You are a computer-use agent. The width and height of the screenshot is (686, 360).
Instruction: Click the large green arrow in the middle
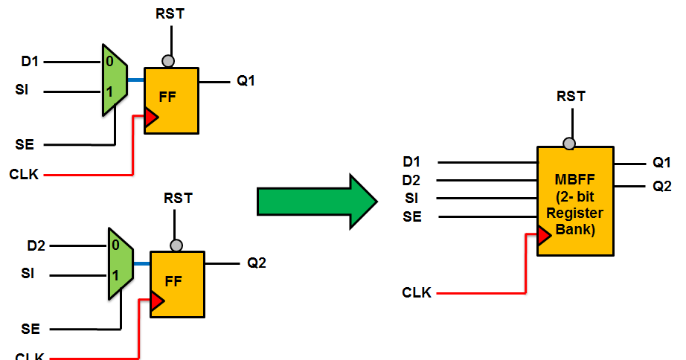point(316,201)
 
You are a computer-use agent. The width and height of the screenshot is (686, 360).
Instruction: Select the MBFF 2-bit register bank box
point(574,201)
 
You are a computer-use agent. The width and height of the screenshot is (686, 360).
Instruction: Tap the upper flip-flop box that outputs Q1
point(172,100)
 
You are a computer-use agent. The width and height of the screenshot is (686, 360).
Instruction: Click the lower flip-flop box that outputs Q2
point(177,284)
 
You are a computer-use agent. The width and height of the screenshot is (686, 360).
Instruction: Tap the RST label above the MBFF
point(571,97)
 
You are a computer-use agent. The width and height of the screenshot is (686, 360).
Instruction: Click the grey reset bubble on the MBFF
point(569,144)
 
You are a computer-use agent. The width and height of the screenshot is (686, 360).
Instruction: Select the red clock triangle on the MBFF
point(543,235)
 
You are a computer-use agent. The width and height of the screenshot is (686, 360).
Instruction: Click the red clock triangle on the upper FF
point(151,118)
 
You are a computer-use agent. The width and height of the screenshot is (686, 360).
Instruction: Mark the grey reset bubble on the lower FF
point(176,245)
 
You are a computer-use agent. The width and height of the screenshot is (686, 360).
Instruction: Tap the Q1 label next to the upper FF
point(246,81)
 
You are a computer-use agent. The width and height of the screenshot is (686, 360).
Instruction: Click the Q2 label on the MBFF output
point(662,186)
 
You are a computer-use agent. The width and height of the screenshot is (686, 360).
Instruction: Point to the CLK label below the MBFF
point(417,293)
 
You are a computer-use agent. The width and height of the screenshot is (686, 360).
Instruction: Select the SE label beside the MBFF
point(412,216)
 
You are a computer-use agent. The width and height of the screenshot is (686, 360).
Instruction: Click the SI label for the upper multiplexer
point(22,91)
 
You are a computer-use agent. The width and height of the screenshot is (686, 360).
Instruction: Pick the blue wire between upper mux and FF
point(136,79)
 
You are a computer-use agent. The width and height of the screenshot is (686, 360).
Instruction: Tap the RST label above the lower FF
point(178,199)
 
